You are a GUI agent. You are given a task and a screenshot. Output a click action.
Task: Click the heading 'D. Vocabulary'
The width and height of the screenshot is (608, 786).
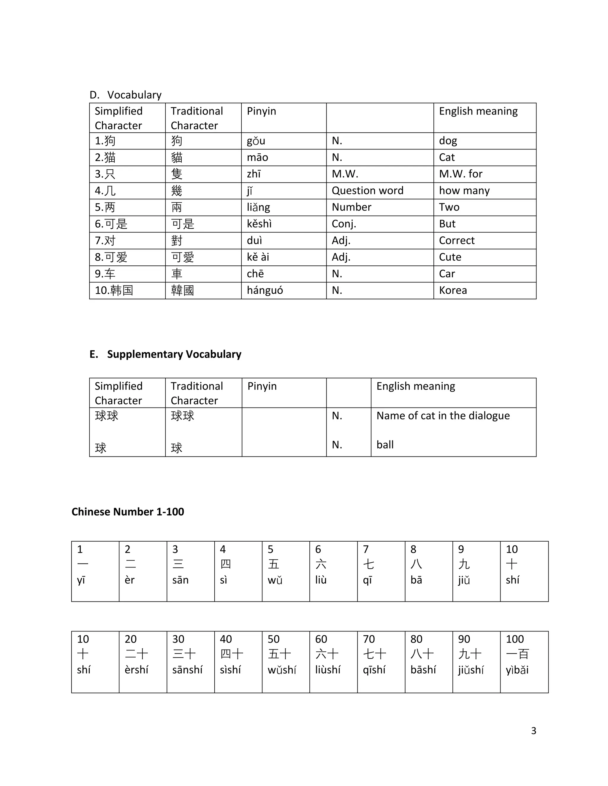(125, 95)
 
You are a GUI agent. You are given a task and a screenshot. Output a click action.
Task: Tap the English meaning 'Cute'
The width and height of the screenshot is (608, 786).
(450, 257)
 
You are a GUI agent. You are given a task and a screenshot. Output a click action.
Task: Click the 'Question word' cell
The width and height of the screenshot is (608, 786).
(368, 190)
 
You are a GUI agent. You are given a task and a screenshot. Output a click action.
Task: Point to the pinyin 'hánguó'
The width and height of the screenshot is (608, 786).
(265, 290)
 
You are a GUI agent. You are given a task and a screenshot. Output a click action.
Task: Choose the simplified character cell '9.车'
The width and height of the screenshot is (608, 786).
(105, 274)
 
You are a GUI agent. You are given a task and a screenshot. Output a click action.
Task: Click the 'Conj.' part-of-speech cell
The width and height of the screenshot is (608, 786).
(343, 224)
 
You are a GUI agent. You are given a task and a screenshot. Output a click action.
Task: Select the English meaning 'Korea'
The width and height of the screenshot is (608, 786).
(453, 290)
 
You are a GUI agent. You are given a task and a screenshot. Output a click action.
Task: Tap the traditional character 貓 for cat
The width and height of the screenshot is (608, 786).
(177, 157)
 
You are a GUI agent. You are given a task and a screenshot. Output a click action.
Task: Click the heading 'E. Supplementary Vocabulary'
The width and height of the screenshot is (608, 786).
(165, 354)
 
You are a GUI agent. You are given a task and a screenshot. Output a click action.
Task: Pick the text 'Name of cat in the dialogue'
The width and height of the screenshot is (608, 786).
(443, 416)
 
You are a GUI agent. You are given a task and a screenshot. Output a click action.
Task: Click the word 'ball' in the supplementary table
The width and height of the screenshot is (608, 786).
(385, 445)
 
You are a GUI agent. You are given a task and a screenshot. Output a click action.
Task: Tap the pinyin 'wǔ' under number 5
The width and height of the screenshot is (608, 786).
(275, 580)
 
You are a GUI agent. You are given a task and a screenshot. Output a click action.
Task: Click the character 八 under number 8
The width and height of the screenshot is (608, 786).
(416, 564)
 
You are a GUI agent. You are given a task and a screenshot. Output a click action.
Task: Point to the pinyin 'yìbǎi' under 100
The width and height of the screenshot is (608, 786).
(517, 670)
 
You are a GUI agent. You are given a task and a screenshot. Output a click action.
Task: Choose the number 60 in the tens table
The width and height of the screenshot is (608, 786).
(321, 639)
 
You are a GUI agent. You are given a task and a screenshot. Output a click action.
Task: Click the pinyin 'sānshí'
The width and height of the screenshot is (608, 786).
(187, 670)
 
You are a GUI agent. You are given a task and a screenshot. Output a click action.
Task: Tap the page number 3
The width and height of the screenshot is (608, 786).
(533, 731)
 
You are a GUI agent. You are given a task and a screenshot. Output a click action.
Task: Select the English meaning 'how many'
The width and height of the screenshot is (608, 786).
(464, 190)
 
